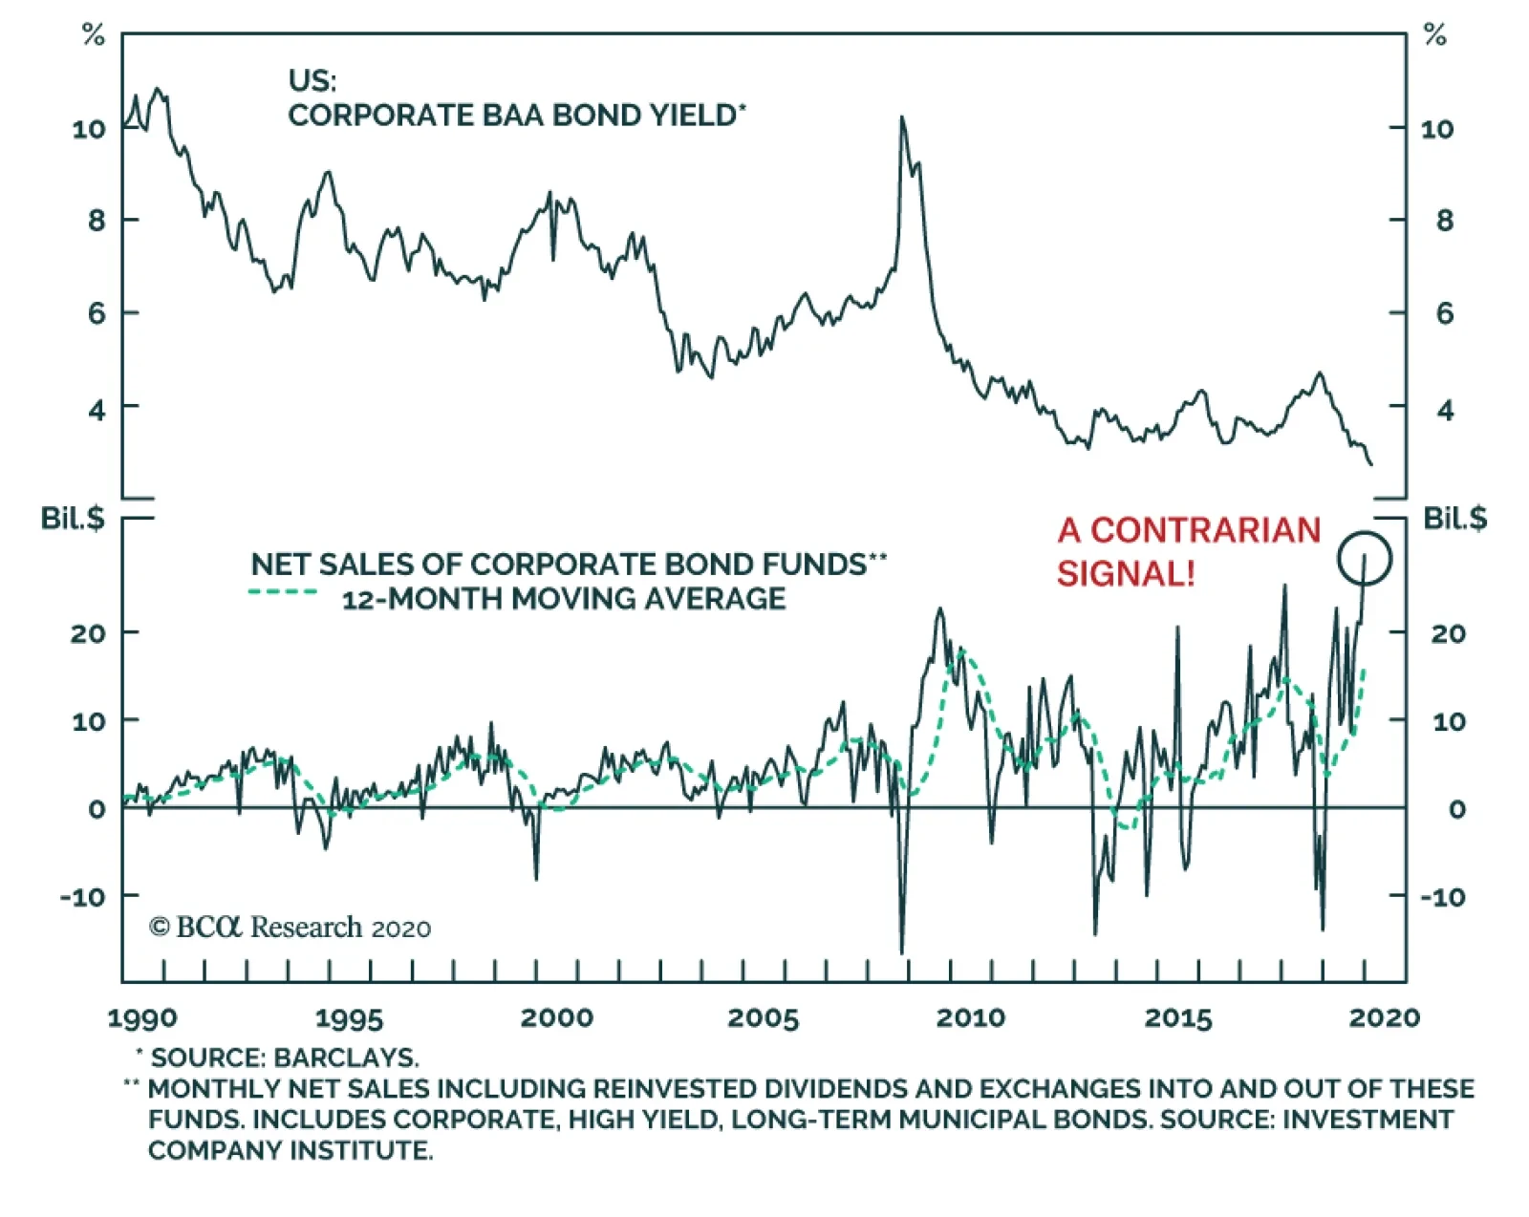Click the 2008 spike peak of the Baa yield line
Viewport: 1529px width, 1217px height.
(901, 117)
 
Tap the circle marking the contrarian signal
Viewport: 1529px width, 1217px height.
(1364, 559)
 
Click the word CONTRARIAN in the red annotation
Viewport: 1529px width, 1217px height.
(1205, 530)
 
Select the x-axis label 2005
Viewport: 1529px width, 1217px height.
(762, 1018)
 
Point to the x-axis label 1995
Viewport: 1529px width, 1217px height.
(349, 1018)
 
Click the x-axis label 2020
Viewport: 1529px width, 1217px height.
(1384, 1018)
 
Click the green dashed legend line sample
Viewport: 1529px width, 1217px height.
(283, 593)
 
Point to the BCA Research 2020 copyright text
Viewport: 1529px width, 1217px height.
(290, 928)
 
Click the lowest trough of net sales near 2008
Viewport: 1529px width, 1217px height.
(902, 952)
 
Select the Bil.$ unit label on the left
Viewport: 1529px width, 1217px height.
(72, 519)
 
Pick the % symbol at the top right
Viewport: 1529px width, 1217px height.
(1434, 36)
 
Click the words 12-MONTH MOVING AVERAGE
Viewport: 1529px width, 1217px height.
(564, 599)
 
